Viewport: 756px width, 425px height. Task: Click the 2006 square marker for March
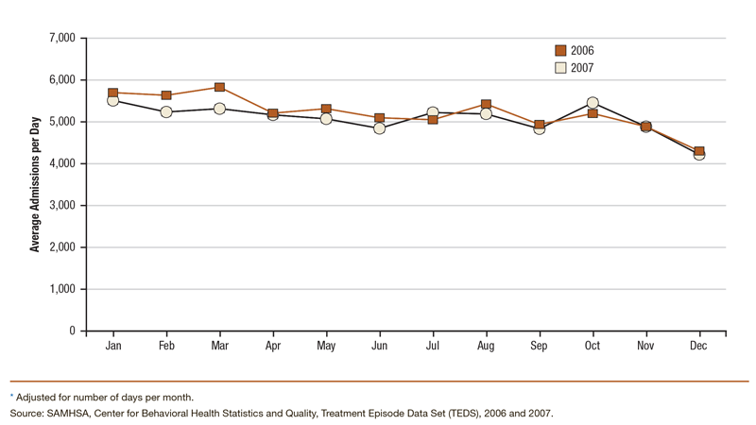tap(219, 88)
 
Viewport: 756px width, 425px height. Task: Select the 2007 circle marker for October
tap(593, 103)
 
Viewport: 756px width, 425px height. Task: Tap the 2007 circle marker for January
tap(112, 100)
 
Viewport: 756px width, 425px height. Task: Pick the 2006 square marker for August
tap(486, 105)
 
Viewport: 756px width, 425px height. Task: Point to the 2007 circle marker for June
tap(380, 128)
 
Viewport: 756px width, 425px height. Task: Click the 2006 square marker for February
tap(166, 95)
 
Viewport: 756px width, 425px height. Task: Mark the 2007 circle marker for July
tap(433, 112)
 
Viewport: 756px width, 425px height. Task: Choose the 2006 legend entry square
tap(560, 51)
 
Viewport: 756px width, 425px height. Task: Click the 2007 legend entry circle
tap(560, 68)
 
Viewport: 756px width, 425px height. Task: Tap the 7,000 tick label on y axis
tap(60, 38)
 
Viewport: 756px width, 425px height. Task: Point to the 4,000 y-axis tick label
tap(60, 163)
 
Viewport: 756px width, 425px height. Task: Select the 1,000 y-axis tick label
tap(60, 289)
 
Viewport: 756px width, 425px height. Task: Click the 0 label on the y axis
tap(71, 331)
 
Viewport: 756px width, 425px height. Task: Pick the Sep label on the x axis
tap(539, 347)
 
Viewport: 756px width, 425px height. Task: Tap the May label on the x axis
tap(326, 347)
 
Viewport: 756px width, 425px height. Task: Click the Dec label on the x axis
tap(698, 347)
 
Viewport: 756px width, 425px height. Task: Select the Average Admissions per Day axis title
tap(35, 184)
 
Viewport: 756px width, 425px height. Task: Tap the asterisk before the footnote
tap(12, 397)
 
